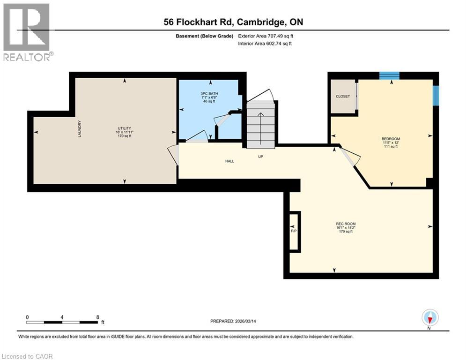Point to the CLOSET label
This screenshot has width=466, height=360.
(x=343, y=96)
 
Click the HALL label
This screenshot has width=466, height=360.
(x=229, y=161)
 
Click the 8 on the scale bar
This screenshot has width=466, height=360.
(x=97, y=316)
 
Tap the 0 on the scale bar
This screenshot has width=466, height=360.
(x=28, y=316)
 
